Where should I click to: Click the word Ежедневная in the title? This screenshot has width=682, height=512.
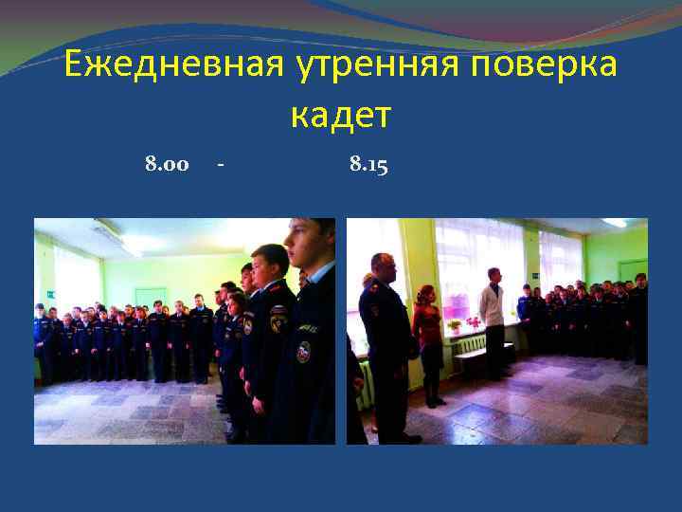coord(170,66)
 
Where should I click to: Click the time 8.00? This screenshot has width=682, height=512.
coord(167,165)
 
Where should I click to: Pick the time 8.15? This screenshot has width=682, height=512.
coord(368,165)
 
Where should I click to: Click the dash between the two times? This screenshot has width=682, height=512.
coord(220,166)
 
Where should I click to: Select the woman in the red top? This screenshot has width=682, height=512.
coord(427,337)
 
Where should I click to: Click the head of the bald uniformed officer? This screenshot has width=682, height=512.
coord(384,268)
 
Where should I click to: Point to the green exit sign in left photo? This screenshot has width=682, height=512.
coord(50,295)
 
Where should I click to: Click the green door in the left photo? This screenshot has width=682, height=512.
coord(149,299)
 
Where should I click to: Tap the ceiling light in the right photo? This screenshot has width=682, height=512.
coord(615,223)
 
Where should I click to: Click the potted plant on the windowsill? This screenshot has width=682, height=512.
coord(472,323)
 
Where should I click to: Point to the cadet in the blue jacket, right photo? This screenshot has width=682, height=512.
coord(525,313)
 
